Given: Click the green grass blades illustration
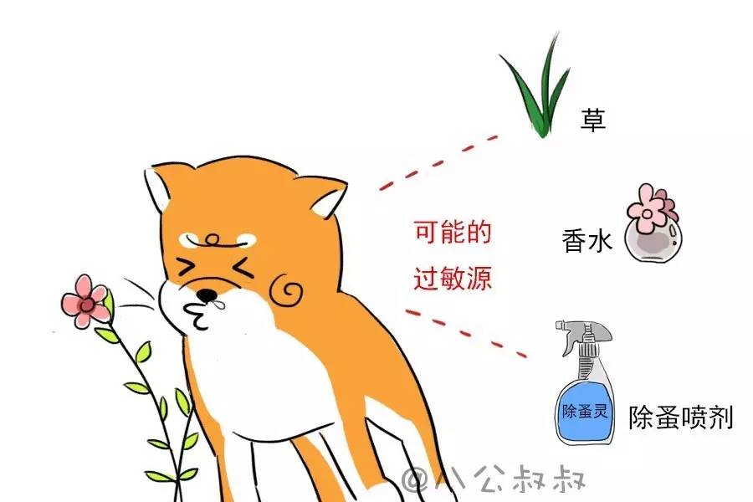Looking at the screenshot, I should click(535, 92).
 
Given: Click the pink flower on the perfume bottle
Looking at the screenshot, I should click(650, 208).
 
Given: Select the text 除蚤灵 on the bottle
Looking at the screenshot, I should click(585, 412).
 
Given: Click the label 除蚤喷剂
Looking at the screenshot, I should click(681, 417).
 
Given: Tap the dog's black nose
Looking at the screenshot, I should click(206, 295).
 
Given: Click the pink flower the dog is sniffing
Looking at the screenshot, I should click(85, 300).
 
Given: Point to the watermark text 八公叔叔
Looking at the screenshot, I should click(494, 480).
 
